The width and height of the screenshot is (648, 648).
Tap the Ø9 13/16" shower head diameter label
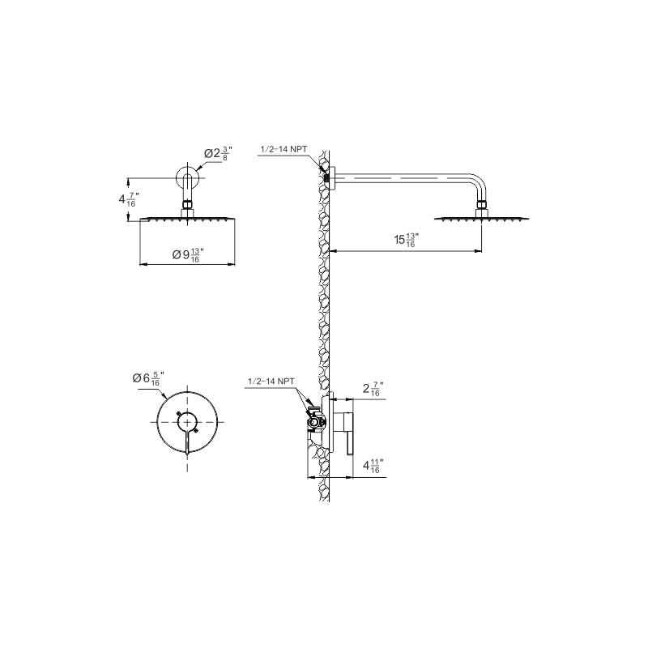(x=188, y=255)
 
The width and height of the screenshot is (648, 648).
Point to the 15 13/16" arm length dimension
(x=406, y=241)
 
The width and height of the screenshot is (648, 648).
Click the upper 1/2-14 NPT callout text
(x=283, y=150)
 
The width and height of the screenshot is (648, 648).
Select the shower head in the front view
(x=187, y=219)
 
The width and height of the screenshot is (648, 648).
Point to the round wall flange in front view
(x=187, y=177)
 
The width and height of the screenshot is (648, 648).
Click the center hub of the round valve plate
(x=187, y=420)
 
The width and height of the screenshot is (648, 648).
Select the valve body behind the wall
(x=316, y=420)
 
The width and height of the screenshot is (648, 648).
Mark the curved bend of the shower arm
(x=478, y=182)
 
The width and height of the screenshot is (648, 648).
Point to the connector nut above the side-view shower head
(x=482, y=207)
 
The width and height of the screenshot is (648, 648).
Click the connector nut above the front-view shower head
(x=187, y=207)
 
